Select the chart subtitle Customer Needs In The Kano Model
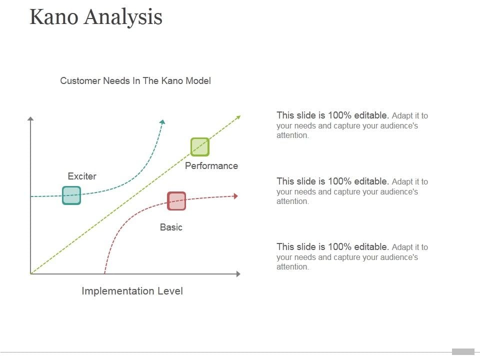135,80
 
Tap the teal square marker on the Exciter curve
71,195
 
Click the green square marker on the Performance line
200,147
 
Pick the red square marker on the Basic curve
176,201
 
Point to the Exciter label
82,176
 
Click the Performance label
211,165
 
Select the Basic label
171,227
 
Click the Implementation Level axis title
132,291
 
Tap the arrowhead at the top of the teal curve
162,121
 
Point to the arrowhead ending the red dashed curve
235,196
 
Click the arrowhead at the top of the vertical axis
30,118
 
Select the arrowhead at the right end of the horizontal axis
238,274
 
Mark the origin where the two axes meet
31,274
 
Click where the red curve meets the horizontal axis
104,273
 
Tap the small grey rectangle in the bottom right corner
463,351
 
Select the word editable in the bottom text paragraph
371,246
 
